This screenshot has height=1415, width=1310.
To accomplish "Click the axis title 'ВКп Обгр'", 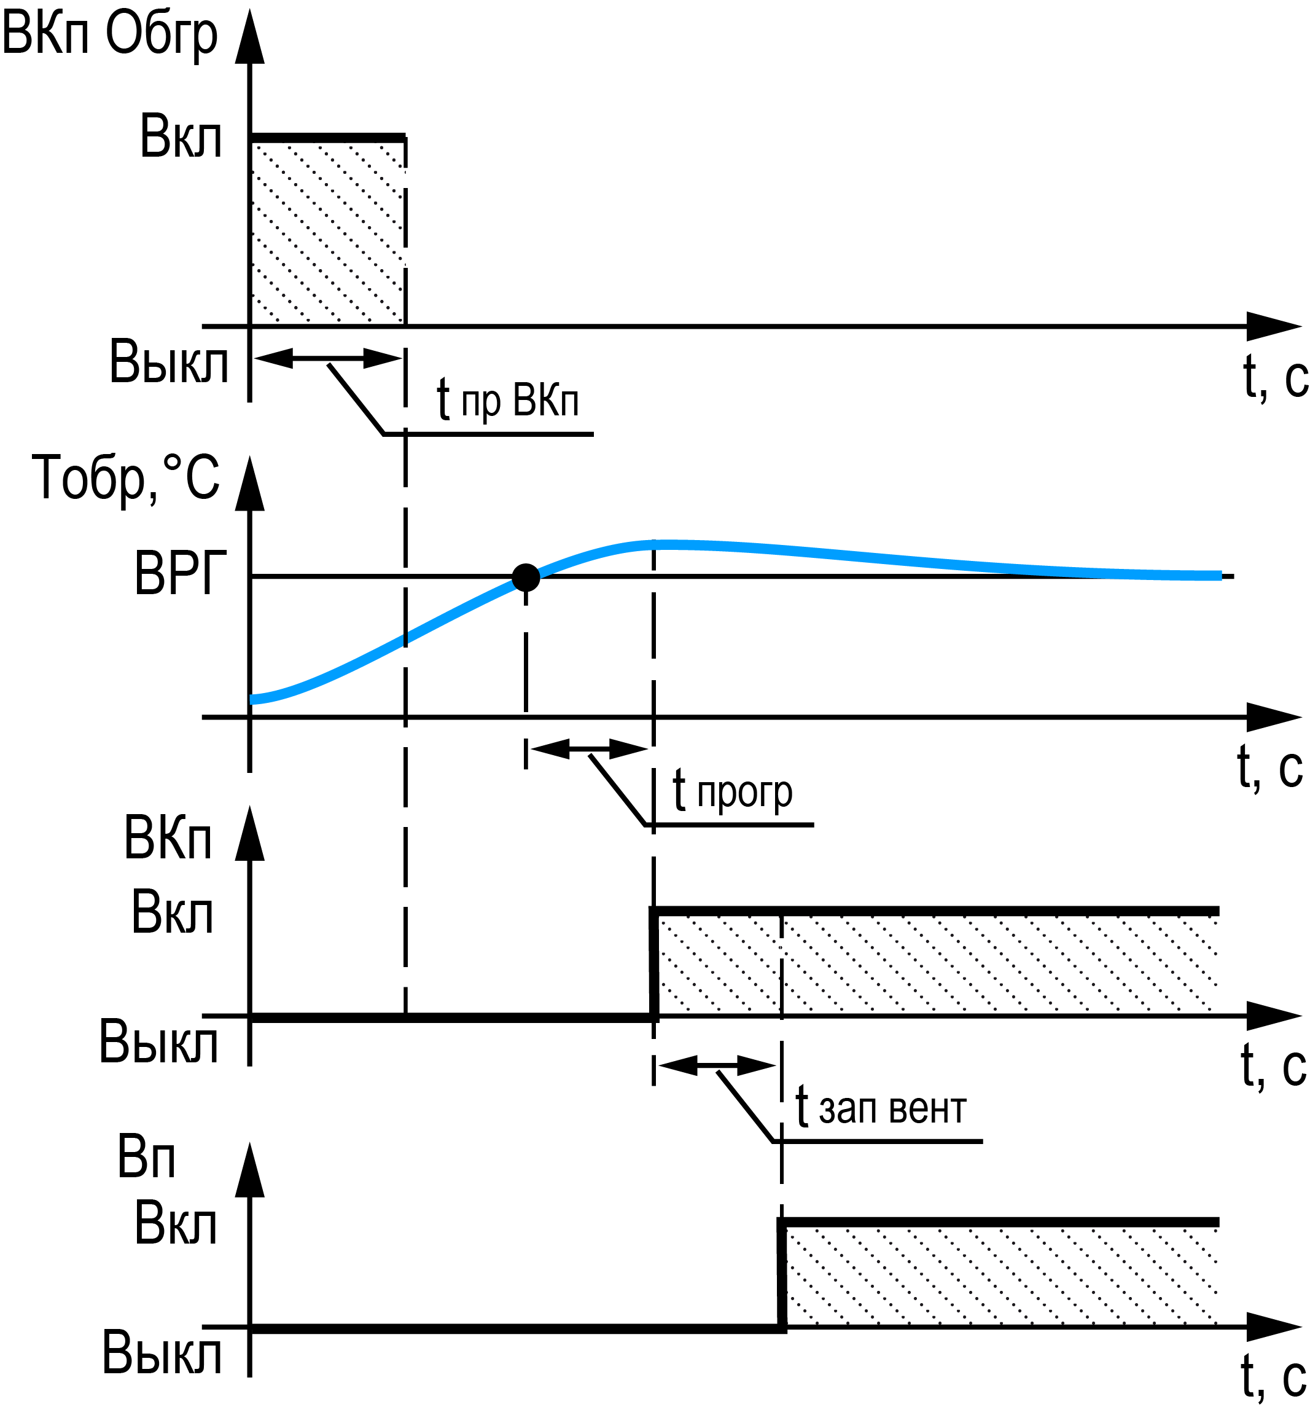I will (x=109, y=34).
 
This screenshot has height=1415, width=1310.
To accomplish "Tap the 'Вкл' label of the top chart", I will (x=181, y=137).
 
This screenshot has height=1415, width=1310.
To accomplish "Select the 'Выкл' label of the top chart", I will (x=169, y=363).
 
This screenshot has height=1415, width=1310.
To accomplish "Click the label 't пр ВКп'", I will (x=507, y=400).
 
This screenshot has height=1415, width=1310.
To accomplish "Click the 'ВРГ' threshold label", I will (x=180, y=573).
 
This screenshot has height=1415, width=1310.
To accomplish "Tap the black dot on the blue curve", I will (x=525, y=578).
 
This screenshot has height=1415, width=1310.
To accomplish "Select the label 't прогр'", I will (x=732, y=791).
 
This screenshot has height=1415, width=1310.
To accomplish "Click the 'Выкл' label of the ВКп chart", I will (x=158, y=1042).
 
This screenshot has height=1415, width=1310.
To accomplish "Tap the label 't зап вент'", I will (x=881, y=1108).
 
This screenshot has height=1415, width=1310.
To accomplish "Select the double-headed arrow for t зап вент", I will (x=717, y=1065).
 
